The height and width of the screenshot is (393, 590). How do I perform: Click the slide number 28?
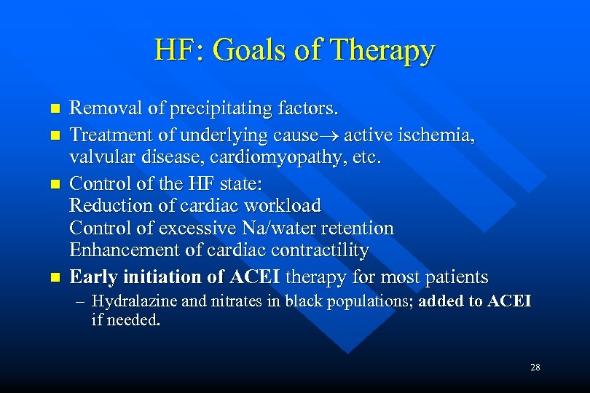coord(535,368)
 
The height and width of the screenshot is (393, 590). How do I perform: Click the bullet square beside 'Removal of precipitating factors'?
coord(53,111)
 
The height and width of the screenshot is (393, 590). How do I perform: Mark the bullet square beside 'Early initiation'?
coord(53,278)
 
